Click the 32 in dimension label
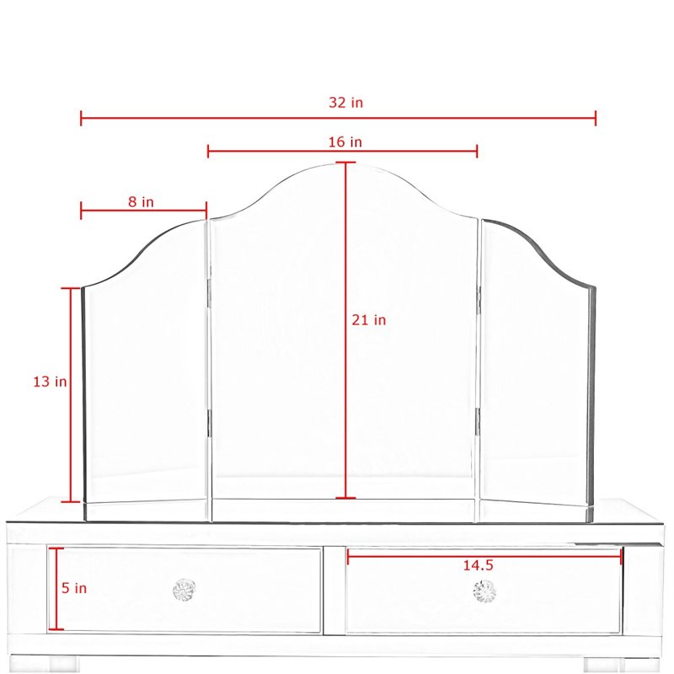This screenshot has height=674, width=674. click(346, 102)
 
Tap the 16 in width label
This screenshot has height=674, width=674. click(345, 142)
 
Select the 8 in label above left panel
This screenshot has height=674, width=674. click(141, 201)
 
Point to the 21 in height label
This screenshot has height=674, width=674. click(369, 320)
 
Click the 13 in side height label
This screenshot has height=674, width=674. click(51, 382)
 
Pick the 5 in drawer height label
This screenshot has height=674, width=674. click(74, 587)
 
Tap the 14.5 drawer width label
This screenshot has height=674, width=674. click(478, 565)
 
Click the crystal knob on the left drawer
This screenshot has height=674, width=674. click(184, 590)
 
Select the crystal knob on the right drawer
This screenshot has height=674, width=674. click(484, 591)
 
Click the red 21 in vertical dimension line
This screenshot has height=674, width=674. click(345, 330)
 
